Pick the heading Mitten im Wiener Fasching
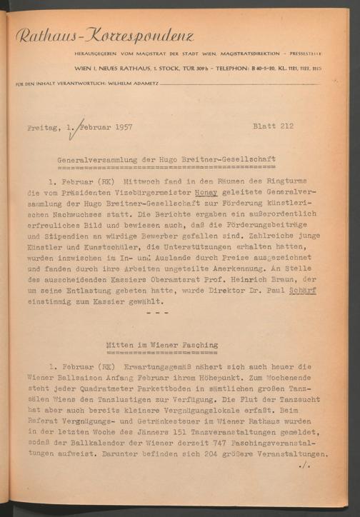tap(162, 344)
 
